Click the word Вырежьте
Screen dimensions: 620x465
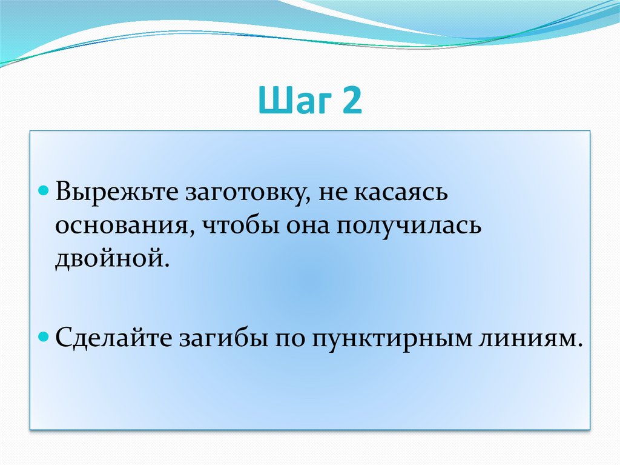pos(117,192)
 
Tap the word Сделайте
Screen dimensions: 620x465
pos(113,338)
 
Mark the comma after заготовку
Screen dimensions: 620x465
pos(307,201)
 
